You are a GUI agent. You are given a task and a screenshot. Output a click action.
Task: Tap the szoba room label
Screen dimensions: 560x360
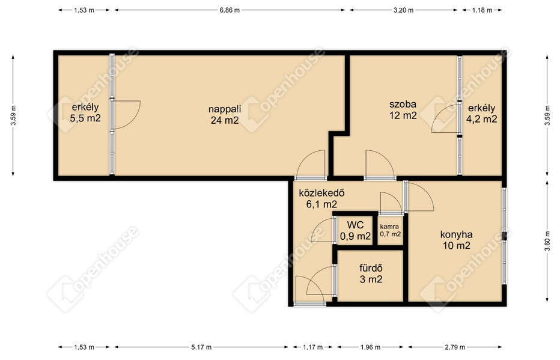403,109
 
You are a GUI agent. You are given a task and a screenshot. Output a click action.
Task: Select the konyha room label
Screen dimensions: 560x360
456,240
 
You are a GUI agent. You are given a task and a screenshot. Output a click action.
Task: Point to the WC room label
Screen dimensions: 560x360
355,230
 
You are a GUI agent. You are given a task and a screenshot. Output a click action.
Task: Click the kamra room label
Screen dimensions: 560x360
390,230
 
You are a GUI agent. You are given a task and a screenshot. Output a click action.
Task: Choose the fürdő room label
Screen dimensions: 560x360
371,273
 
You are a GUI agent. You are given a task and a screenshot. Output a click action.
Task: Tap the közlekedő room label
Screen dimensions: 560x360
321,198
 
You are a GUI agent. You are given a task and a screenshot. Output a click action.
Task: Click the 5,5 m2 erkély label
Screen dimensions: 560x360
85,112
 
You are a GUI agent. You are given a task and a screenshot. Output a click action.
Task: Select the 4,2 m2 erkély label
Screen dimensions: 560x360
481,113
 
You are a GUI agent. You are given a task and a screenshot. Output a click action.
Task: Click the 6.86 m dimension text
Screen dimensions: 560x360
230,10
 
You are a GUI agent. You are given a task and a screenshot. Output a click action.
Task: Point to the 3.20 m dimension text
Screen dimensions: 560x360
403,10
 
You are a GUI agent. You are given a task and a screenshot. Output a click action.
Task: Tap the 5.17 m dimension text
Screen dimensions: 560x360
201,347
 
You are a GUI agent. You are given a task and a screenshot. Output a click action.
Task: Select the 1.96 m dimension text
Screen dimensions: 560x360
370,347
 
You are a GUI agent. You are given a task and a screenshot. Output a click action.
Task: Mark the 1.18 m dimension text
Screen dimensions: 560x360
482,10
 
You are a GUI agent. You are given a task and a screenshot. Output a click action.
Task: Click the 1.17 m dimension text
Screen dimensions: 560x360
312,347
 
